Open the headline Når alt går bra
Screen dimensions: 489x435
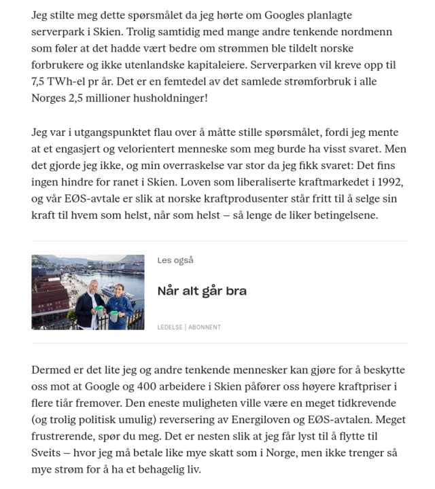[201, 291]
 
